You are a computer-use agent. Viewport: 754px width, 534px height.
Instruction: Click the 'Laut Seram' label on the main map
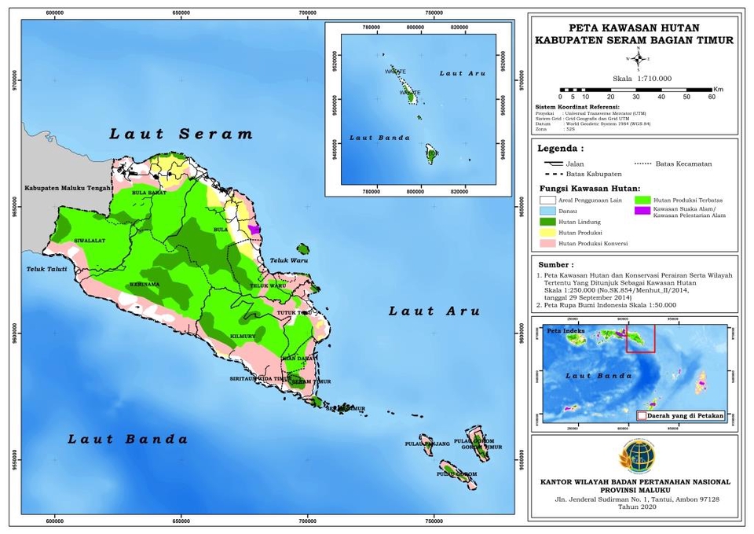tap(181, 134)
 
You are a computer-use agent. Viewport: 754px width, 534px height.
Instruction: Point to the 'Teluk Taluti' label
tap(45, 270)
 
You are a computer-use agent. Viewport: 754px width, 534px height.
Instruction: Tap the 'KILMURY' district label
tap(243, 337)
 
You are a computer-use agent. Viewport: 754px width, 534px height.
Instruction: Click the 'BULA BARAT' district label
tap(148, 192)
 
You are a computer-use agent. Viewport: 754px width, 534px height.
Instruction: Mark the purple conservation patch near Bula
tap(254, 228)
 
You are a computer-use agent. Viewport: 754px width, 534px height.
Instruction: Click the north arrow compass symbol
tap(638, 58)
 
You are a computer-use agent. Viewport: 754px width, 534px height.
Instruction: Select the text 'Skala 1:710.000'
tap(637, 78)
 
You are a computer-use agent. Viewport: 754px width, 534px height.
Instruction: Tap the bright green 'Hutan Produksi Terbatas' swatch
tap(641, 200)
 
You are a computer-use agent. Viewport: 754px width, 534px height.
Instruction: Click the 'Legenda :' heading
tap(561, 148)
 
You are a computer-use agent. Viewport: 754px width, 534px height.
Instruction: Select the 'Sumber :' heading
tap(555, 265)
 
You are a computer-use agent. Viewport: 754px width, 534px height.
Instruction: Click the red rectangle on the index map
tap(639, 341)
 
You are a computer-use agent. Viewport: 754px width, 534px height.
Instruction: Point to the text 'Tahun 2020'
tap(636, 506)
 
